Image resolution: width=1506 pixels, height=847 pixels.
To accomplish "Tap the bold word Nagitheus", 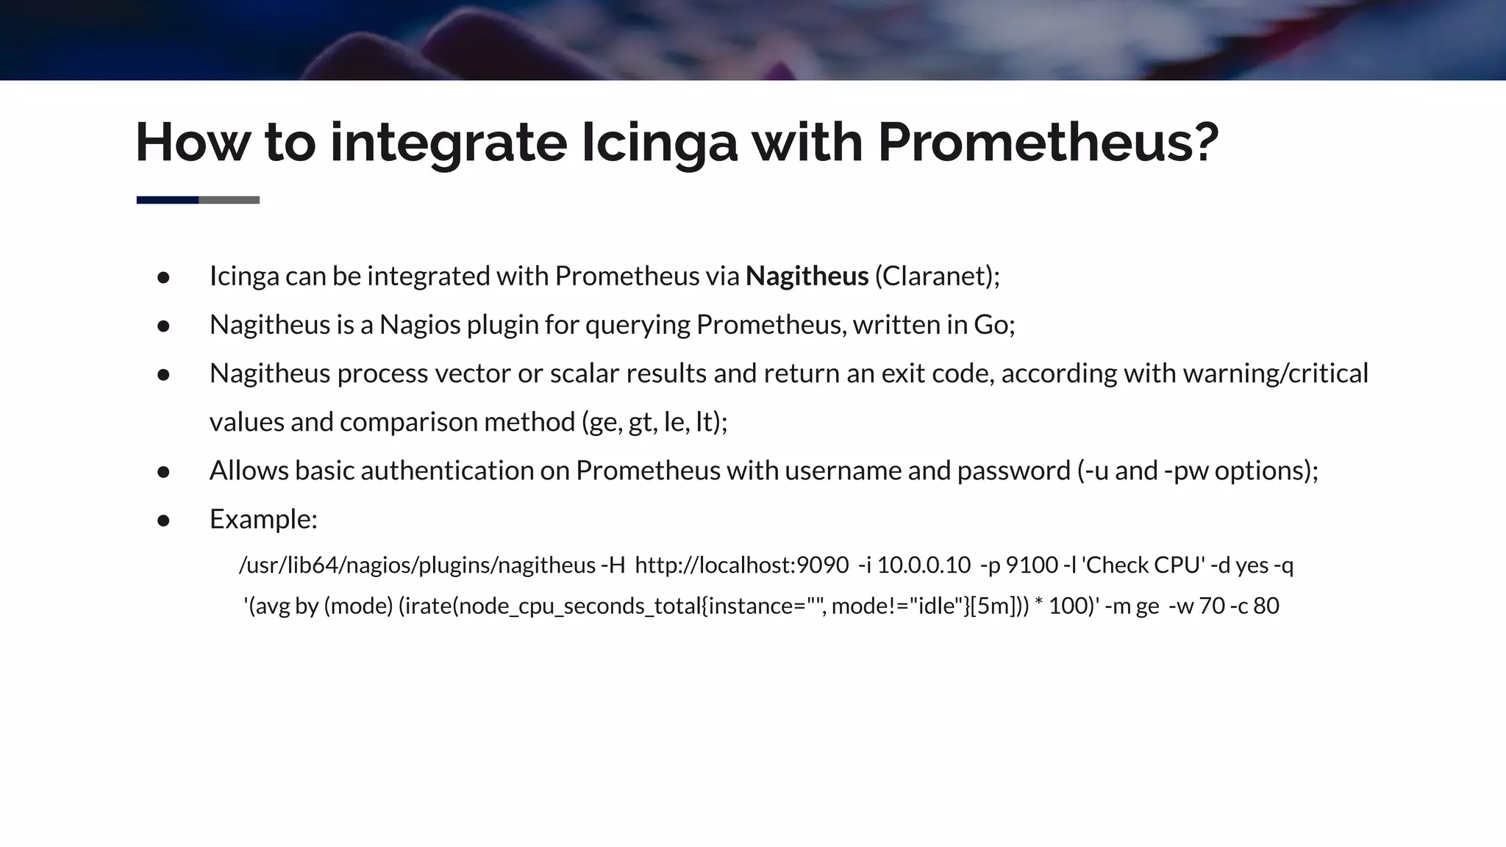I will point(807,276).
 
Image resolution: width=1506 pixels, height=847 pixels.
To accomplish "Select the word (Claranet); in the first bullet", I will point(937,276).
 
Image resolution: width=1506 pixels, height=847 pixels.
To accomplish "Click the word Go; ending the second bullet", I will point(994,325).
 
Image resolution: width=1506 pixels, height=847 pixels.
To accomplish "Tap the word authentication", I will point(447,471).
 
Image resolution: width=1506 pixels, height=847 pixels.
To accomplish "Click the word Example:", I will point(263,519).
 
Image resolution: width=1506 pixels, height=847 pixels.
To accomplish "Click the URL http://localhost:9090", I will point(741,565).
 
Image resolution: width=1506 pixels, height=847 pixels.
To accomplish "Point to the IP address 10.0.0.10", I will point(924,565).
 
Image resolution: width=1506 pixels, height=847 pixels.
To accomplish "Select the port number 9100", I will point(1032,565).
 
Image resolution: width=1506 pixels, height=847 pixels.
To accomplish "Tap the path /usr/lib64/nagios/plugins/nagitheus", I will point(417,565).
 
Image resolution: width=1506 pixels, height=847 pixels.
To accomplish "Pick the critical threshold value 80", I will point(1266,607).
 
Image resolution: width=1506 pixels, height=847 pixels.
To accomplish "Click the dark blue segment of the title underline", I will point(167,200).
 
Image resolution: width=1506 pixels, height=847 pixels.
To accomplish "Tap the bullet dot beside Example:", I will point(163,521).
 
